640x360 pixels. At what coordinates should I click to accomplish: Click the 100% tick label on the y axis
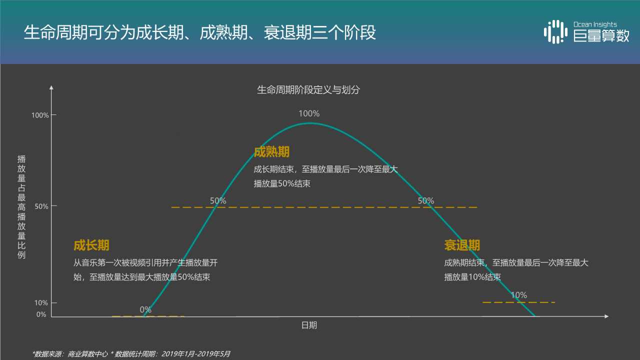40,115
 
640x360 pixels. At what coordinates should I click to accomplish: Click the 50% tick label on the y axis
42,206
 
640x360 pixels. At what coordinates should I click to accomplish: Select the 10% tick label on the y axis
42,303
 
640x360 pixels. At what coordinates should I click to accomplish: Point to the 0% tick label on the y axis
41,314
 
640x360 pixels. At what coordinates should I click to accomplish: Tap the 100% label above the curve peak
309,113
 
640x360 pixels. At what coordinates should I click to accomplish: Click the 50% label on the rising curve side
218,201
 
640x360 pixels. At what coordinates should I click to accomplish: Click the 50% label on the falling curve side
426,201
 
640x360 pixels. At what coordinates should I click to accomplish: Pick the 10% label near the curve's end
519,295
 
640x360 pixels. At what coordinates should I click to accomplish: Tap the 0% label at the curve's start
145,309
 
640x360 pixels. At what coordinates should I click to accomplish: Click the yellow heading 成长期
91,245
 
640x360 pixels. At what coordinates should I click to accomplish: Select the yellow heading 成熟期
271,152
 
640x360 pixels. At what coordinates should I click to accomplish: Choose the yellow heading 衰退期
462,245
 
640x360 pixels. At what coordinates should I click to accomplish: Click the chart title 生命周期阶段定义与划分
308,90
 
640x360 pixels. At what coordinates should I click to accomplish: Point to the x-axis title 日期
309,325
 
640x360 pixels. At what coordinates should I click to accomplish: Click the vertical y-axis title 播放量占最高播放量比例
21,207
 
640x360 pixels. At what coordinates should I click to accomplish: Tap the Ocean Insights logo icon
555,31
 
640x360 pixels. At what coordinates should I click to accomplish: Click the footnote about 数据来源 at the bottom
131,353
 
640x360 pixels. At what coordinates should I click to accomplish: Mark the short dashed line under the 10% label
519,302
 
